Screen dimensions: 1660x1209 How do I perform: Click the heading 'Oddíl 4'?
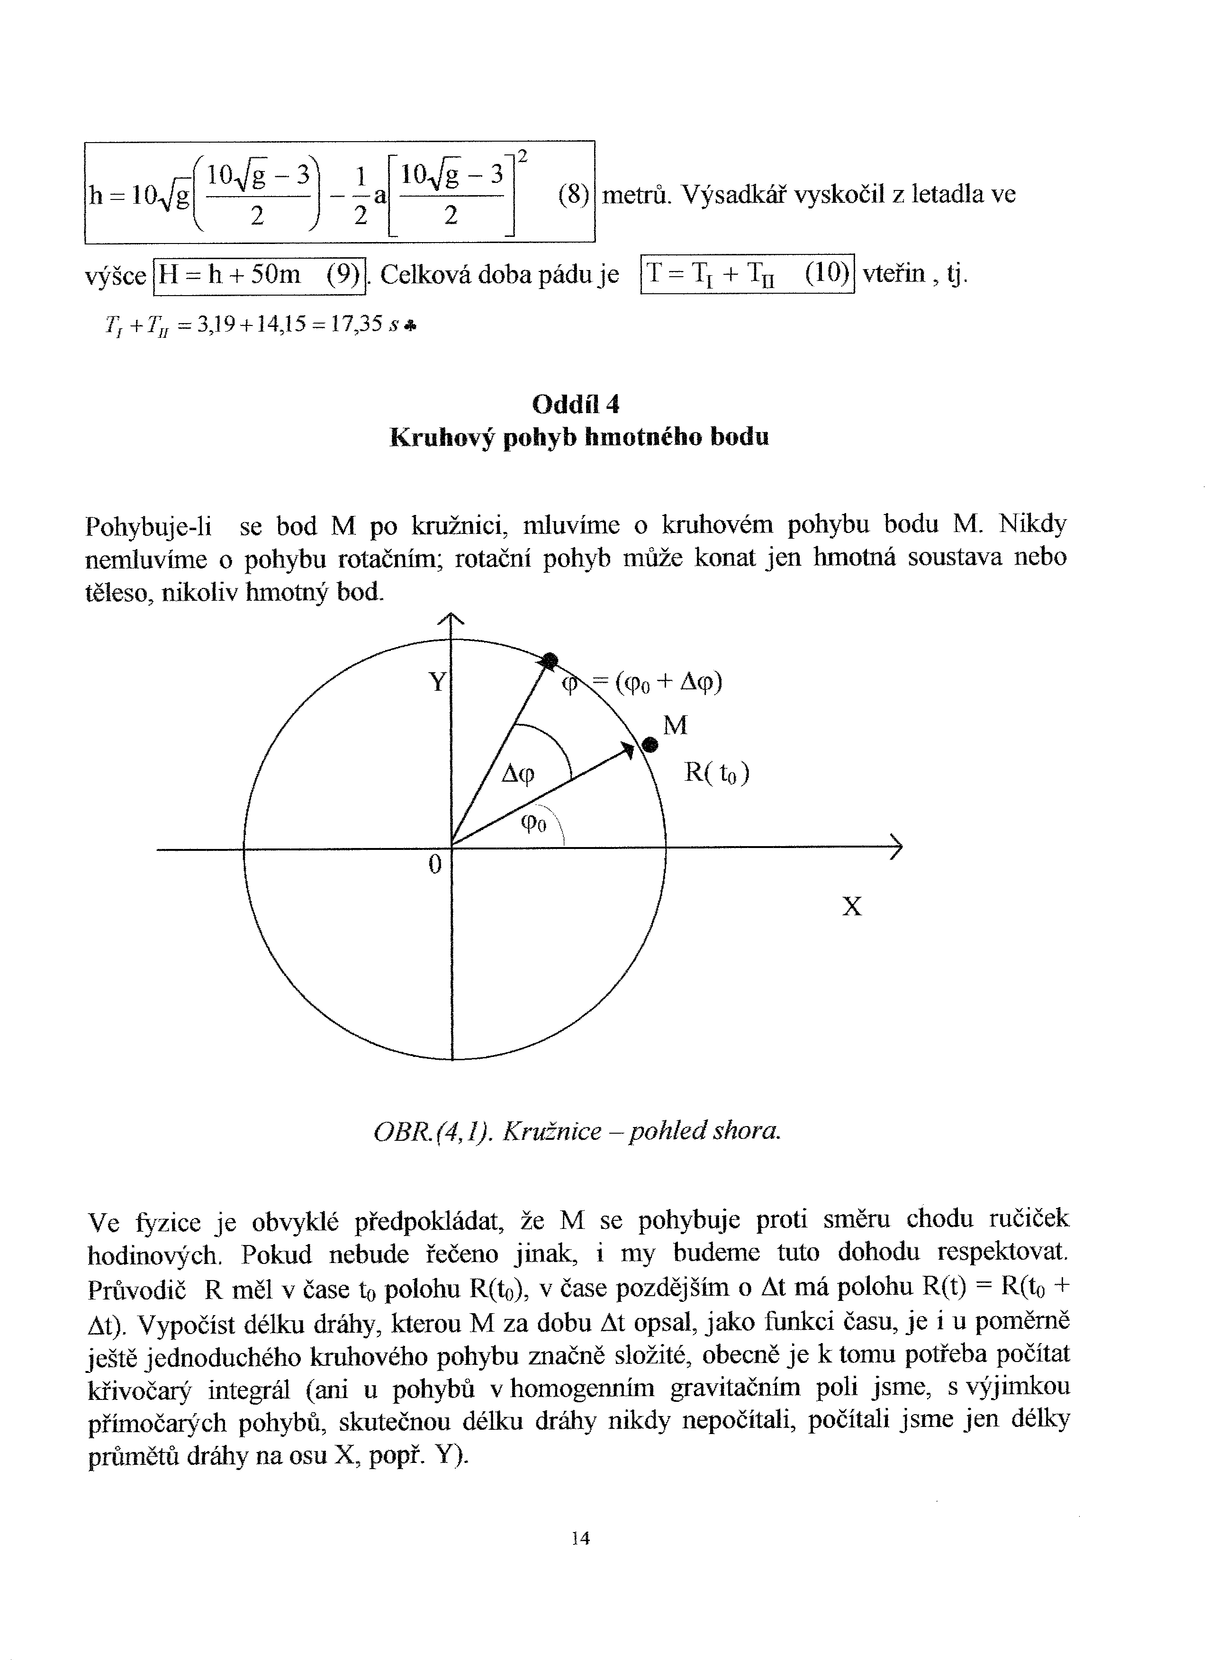(576, 404)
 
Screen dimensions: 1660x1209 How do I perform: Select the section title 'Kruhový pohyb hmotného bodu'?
(579, 438)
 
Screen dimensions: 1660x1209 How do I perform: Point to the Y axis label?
(437, 682)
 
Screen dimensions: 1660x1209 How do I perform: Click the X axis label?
(852, 907)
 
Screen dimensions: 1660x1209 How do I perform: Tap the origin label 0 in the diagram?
(435, 865)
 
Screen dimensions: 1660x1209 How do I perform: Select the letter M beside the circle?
(675, 725)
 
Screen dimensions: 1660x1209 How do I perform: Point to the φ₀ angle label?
(533, 824)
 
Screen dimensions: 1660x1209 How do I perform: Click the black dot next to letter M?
(650, 745)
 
